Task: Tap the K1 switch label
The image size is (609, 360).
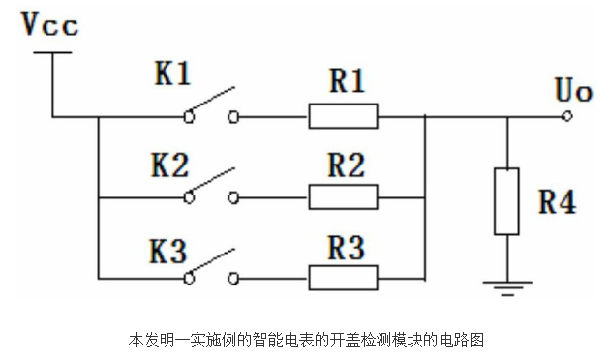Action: point(173,76)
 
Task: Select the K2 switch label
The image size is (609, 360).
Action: point(173,164)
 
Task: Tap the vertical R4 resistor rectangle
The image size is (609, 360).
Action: point(506,201)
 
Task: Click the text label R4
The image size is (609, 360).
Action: point(557,203)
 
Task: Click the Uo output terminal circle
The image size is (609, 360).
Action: point(567,118)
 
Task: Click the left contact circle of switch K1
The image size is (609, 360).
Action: point(190,118)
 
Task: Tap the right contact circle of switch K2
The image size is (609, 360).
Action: point(233,197)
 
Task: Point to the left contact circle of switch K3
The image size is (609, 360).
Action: point(190,278)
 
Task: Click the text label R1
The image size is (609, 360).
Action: point(348,81)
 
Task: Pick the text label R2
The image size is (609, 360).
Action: point(348,165)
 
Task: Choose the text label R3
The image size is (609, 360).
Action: point(348,247)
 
